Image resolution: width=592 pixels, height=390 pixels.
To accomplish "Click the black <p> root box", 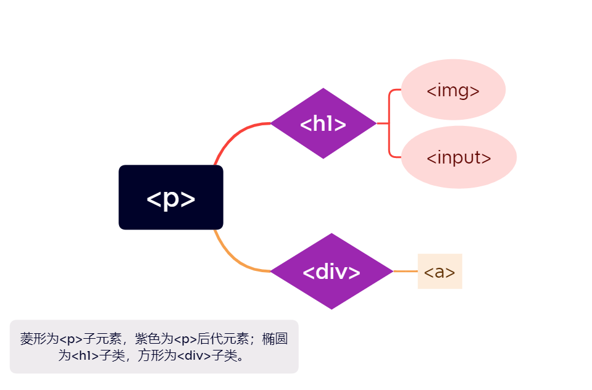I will point(170,197).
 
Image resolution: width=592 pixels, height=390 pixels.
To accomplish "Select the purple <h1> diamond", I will point(323,123).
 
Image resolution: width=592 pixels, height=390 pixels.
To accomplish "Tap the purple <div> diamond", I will point(331,272).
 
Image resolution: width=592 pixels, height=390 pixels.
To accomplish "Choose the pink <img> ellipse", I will point(453,90).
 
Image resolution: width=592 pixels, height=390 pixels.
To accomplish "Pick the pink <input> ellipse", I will point(459,157).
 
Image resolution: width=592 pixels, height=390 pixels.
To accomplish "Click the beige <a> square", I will point(440,272).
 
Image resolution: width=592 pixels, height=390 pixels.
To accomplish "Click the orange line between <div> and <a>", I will point(405,271).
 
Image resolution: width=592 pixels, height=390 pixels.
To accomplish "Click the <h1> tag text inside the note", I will point(85,355).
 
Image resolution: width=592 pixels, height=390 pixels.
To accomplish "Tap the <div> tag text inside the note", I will point(194,355).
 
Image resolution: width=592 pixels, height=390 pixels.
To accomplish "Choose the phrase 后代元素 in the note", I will point(223,339).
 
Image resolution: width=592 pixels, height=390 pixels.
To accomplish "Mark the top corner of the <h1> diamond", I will point(323,89).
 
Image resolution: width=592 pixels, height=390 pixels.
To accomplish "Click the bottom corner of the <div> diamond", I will point(331,308).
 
